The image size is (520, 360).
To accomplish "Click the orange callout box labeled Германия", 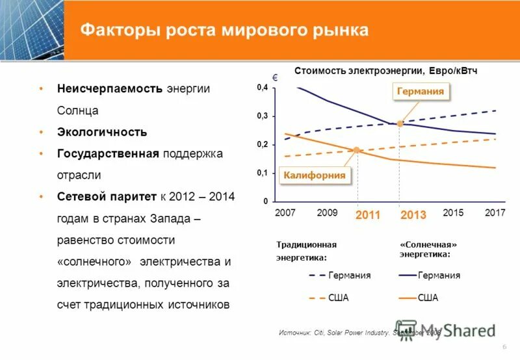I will coord(421,92).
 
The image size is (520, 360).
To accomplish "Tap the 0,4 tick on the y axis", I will coord(262,88).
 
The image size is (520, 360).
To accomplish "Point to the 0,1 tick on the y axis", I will coord(262,173).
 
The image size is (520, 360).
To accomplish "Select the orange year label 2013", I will coord(413,215).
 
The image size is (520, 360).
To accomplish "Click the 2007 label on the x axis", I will coord(285,212).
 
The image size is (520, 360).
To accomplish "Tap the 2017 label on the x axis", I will coord(495,212).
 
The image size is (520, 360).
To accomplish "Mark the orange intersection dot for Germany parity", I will coord(400,123).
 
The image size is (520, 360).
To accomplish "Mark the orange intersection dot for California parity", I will coord(356,150).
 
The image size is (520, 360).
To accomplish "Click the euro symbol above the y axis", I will coord(275,77).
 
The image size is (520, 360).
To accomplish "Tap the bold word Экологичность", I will coord(101,132).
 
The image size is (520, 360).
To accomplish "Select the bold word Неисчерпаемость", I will coord(109,88).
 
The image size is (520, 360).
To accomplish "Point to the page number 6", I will coord(504,348).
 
